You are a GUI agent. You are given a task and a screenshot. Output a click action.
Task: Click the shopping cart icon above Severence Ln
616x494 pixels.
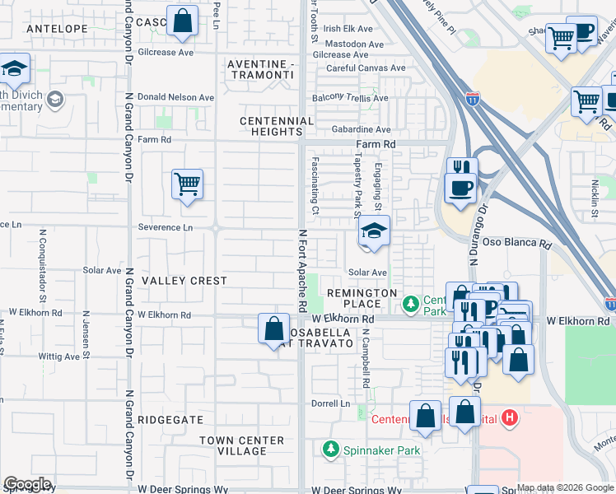pyautogui.click(x=187, y=184)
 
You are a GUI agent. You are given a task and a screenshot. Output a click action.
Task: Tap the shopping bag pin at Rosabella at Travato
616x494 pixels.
pyautogui.click(x=273, y=329)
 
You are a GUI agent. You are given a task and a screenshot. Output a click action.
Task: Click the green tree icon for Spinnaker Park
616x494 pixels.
pyautogui.click(x=330, y=450)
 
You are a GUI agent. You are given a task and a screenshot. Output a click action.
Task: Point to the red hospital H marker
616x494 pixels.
pyautogui.click(x=510, y=418)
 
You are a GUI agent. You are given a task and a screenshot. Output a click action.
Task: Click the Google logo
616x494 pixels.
pyautogui.click(x=27, y=484)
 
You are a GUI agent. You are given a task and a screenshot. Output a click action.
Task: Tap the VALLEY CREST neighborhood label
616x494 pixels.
pyautogui.click(x=184, y=281)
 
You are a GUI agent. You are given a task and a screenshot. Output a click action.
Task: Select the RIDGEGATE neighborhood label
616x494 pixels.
pyautogui.click(x=170, y=420)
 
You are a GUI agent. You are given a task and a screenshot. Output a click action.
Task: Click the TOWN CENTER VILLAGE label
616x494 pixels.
pyautogui.click(x=242, y=445)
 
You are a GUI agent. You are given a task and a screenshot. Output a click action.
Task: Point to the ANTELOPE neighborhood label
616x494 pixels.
pyautogui.click(x=57, y=28)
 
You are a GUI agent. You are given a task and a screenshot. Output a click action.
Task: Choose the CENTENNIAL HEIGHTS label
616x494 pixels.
pyautogui.click(x=277, y=126)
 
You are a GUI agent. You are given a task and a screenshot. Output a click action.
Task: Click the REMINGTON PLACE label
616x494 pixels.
pyautogui.click(x=362, y=298)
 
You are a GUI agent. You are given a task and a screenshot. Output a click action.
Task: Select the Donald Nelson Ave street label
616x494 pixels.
pyautogui.click(x=175, y=97)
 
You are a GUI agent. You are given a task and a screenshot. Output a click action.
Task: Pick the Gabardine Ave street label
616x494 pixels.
pyautogui.click(x=361, y=130)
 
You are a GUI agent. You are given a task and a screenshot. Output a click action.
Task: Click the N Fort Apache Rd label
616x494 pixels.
pyautogui.click(x=302, y=263)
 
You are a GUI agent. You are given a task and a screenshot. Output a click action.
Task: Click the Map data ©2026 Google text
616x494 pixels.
pyautogui.click(x=564, y=487)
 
